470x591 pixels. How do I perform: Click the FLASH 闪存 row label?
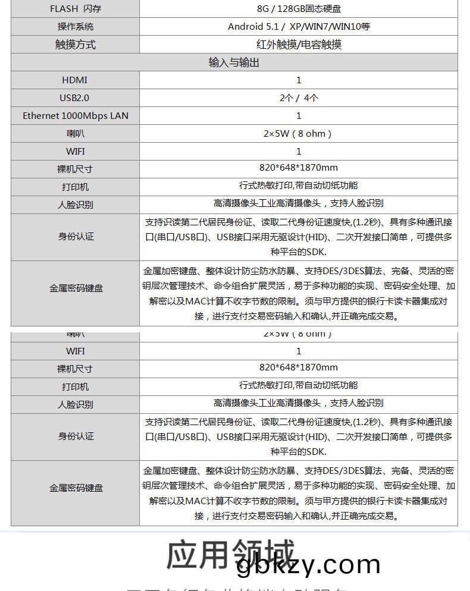click(75, 8)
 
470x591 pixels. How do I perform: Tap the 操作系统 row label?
click(75, 26)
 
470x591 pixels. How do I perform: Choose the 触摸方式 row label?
click(75, 45)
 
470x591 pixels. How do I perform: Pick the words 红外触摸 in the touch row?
click(274, 45)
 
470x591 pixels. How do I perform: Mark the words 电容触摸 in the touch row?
click(322, 45)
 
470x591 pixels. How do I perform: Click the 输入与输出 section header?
click(234, 62)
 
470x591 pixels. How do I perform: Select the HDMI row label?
click(75, 80)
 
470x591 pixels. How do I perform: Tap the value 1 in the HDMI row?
click(299, 80)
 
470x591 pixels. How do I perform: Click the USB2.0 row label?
click(75, 98)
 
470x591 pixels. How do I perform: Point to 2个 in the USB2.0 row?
click(286, 98)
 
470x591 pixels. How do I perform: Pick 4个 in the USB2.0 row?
click(311, 98)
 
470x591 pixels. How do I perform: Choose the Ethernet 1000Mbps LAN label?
click(75, 116)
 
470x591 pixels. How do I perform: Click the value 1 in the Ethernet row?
click(299, 116)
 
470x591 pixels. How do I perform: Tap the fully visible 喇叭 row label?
click(75, 134)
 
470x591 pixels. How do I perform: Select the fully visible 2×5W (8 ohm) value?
click(297, 134)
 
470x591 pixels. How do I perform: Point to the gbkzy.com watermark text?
click(308, 565)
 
